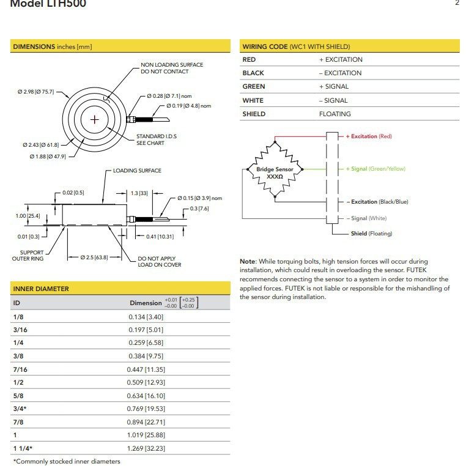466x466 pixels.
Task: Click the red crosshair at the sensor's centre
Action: coord(94,119)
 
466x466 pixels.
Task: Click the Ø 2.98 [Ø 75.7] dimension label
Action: coord(35,92)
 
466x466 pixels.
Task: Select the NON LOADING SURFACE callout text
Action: coord(172,68)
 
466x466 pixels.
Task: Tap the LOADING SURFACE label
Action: coord(137,171)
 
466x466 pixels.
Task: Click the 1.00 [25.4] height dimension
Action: coord(27,216)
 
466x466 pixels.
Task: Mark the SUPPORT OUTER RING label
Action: coord(28,256)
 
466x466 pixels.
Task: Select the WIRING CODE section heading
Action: coord(296,46)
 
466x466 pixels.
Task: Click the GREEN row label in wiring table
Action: coord(254,87)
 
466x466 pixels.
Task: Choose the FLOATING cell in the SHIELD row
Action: coord(335,114)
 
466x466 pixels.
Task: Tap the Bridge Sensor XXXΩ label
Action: coord(275,172)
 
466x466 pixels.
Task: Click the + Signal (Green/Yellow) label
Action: coord(375,169)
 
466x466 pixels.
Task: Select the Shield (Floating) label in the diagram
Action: coord(371,234)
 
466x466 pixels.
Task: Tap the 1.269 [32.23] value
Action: coord(146,449)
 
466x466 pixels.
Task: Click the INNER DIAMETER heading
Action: coord(41,289)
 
